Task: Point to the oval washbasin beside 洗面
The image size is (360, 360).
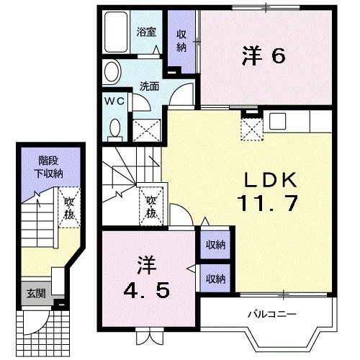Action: coord(112,73)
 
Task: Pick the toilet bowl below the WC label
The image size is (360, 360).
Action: coord(114,128)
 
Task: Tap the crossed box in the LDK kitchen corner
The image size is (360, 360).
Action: coord(251,129)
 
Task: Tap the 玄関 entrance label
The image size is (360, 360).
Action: coord(35,294)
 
